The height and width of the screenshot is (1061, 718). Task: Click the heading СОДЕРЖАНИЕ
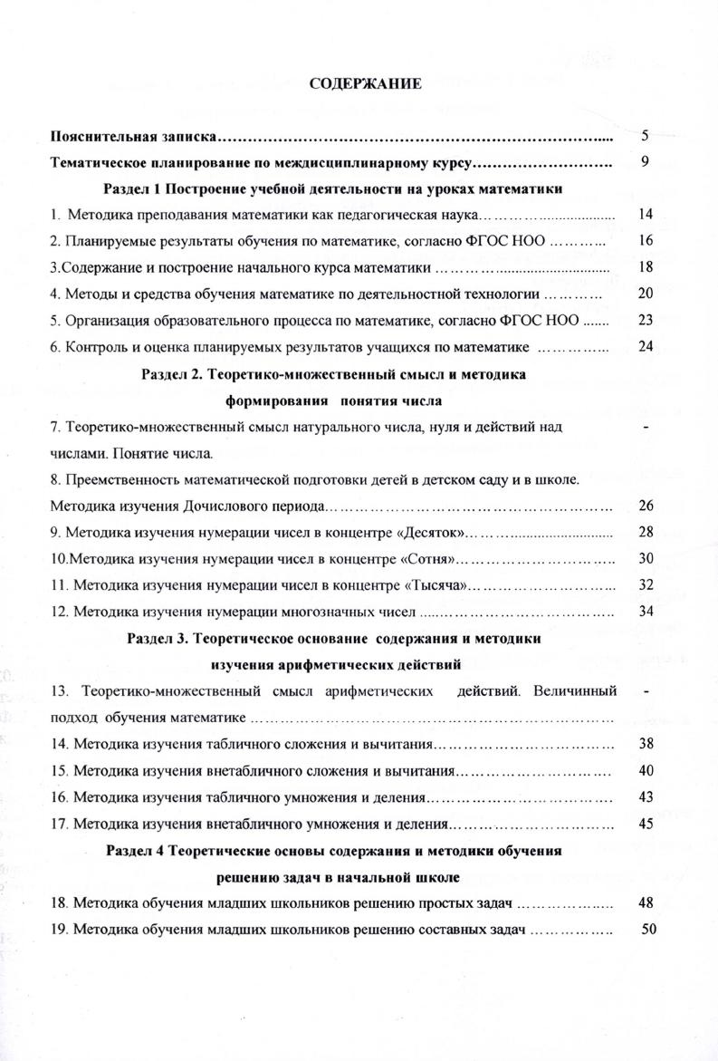(365, 84)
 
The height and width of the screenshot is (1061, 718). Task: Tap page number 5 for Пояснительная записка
(645, 137)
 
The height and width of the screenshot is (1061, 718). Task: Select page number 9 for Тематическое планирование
(646, 163)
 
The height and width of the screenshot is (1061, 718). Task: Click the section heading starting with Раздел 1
(331, 189)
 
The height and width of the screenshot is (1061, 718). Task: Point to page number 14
(646, 216)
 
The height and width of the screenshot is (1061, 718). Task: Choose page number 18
(646, 267)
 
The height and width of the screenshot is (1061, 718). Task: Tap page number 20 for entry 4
(646, 294)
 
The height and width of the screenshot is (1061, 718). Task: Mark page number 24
(646, 345)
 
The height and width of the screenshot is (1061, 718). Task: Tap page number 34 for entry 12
(646, 610)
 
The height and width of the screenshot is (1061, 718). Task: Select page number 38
(646, 744)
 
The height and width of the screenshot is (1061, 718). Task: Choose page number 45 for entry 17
(646, 824)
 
